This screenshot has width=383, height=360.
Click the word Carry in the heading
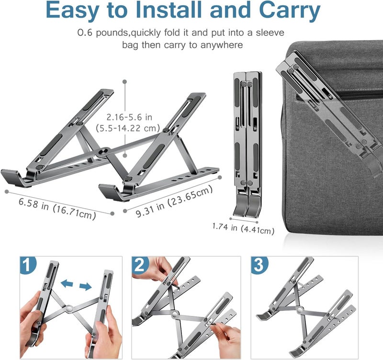point(289,11)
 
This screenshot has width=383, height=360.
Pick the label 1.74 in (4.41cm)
point(243,229)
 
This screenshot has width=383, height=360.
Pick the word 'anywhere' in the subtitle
point(226,45)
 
